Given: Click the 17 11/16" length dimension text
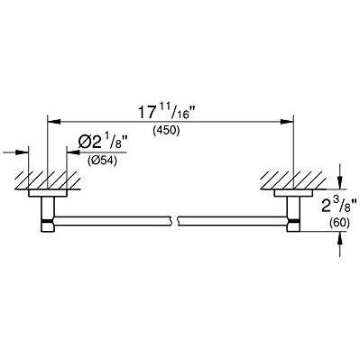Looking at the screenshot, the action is (x=166, y=112).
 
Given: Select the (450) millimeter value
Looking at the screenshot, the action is (x=166, y=131).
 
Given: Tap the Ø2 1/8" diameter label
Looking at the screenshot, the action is (x=103, y=142).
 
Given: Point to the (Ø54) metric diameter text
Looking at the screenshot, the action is (x=102, y=162).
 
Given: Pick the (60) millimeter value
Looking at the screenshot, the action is (x=339, y=223).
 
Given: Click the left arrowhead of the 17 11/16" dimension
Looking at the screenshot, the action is (x=55, y=121).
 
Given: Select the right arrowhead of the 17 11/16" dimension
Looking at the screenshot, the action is (x=286, y=121).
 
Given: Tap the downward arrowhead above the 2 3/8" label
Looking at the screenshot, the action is (x=339, y=182).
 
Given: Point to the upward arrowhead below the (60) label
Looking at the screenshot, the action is (x=339, y=239).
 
